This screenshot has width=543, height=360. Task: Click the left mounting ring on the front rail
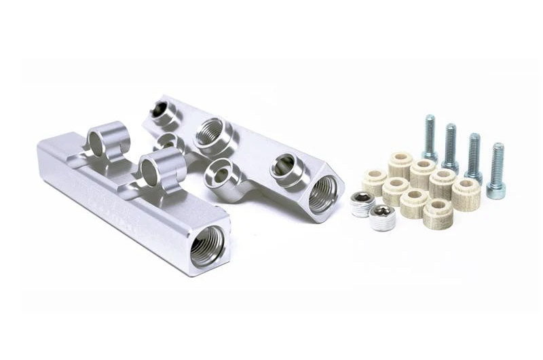pyautogui.click(x=108, y=141)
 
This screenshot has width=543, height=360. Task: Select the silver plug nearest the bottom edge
pyautogui.click(x=383, y=217)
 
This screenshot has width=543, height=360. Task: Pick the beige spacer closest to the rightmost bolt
pyautogui.click(x=466, y=194)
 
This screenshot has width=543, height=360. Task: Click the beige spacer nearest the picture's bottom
pyautogui.click(x=438, y=213)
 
